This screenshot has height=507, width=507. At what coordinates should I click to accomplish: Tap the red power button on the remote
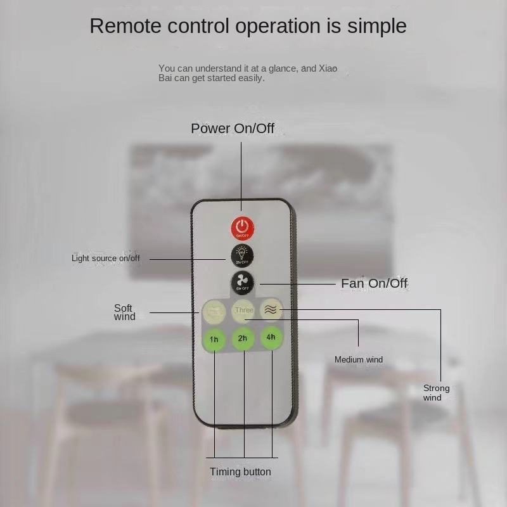(241, 226)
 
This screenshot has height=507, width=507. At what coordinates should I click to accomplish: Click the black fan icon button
(241, 282)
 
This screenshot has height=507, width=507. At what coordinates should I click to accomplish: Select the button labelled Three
(243, 311)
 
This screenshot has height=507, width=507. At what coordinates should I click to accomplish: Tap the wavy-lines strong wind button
(271, 309)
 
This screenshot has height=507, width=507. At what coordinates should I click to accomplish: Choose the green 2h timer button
(243, 338)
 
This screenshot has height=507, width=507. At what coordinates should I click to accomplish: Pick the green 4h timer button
(271, 337)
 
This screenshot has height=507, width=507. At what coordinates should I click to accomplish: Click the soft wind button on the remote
(214, 311)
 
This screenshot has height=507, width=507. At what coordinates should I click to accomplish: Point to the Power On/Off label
(233, 129)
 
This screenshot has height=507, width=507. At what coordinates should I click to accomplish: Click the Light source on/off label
(106, 259)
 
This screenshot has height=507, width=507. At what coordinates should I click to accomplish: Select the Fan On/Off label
(374, 283)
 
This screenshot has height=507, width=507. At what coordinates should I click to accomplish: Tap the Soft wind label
(124, 312)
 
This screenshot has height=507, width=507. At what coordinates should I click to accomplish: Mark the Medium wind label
(359, 360)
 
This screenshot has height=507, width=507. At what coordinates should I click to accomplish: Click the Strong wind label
(436, 392)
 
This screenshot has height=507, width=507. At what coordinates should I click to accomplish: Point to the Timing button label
(240, 472)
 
